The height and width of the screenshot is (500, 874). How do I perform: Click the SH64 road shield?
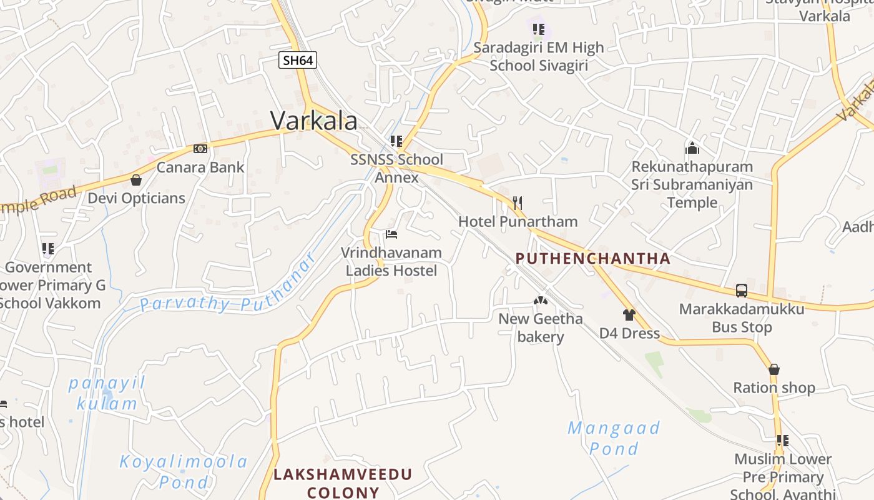coord(298,60)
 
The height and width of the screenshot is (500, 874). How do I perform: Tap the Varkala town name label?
coord(314,121)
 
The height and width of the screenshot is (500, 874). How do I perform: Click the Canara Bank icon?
coord(200,149)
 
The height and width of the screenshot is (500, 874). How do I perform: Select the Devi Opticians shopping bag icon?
coord(136,181)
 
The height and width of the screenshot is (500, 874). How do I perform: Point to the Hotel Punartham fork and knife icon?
coord(517,202)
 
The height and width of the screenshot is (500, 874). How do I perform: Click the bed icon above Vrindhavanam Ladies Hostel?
coord(391,234)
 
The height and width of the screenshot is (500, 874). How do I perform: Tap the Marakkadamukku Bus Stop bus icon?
coord(742,291)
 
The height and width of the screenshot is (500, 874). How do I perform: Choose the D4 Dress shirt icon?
coord(629,315)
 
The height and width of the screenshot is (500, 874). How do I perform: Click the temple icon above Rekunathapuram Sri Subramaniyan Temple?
coord(692,148)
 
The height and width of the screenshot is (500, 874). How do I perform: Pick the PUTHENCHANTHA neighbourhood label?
coord(593,259)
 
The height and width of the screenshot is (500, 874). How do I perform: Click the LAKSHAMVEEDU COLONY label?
coord(343,483)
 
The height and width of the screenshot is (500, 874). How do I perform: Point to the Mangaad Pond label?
coord(614,438)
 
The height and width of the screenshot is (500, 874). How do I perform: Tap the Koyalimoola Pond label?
coord(184,472)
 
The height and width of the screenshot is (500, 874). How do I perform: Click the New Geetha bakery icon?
coord(541,301)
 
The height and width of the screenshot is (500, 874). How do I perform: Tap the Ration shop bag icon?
coord(774,369)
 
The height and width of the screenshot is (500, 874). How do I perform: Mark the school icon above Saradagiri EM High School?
coord(539,29)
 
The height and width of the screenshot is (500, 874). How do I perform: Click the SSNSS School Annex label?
coord(396,168)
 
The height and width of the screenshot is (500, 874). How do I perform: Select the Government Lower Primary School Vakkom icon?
coord(48,249)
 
